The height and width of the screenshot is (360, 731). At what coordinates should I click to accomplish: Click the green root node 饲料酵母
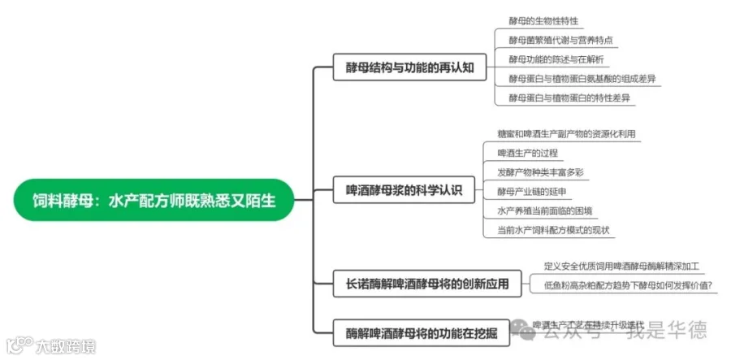[154, 200]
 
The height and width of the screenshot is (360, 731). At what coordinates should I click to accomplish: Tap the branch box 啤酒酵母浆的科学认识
[404, 191]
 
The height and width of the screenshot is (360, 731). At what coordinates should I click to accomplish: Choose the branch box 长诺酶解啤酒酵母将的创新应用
[422, 284]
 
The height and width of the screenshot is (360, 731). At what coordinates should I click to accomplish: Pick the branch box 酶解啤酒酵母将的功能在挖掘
[422, 332]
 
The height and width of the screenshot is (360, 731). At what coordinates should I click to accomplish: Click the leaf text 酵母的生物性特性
[543, 21]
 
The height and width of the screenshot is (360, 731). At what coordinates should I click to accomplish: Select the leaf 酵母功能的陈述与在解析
[556, 59]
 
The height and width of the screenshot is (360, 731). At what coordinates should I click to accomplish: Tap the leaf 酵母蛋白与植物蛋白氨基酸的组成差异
[582, 79]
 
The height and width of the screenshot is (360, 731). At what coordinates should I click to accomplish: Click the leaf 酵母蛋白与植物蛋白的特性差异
[569, 98]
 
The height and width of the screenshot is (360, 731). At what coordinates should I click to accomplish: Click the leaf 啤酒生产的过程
[527, 153]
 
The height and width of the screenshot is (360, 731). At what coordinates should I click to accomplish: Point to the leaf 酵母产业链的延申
[531, 192]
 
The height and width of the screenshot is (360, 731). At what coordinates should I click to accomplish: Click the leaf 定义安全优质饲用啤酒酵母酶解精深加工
[621, 266]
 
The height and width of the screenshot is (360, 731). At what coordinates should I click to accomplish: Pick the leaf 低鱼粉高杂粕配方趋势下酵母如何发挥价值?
[628, 285]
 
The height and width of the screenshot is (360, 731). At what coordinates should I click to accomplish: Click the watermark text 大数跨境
[65, 347]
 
